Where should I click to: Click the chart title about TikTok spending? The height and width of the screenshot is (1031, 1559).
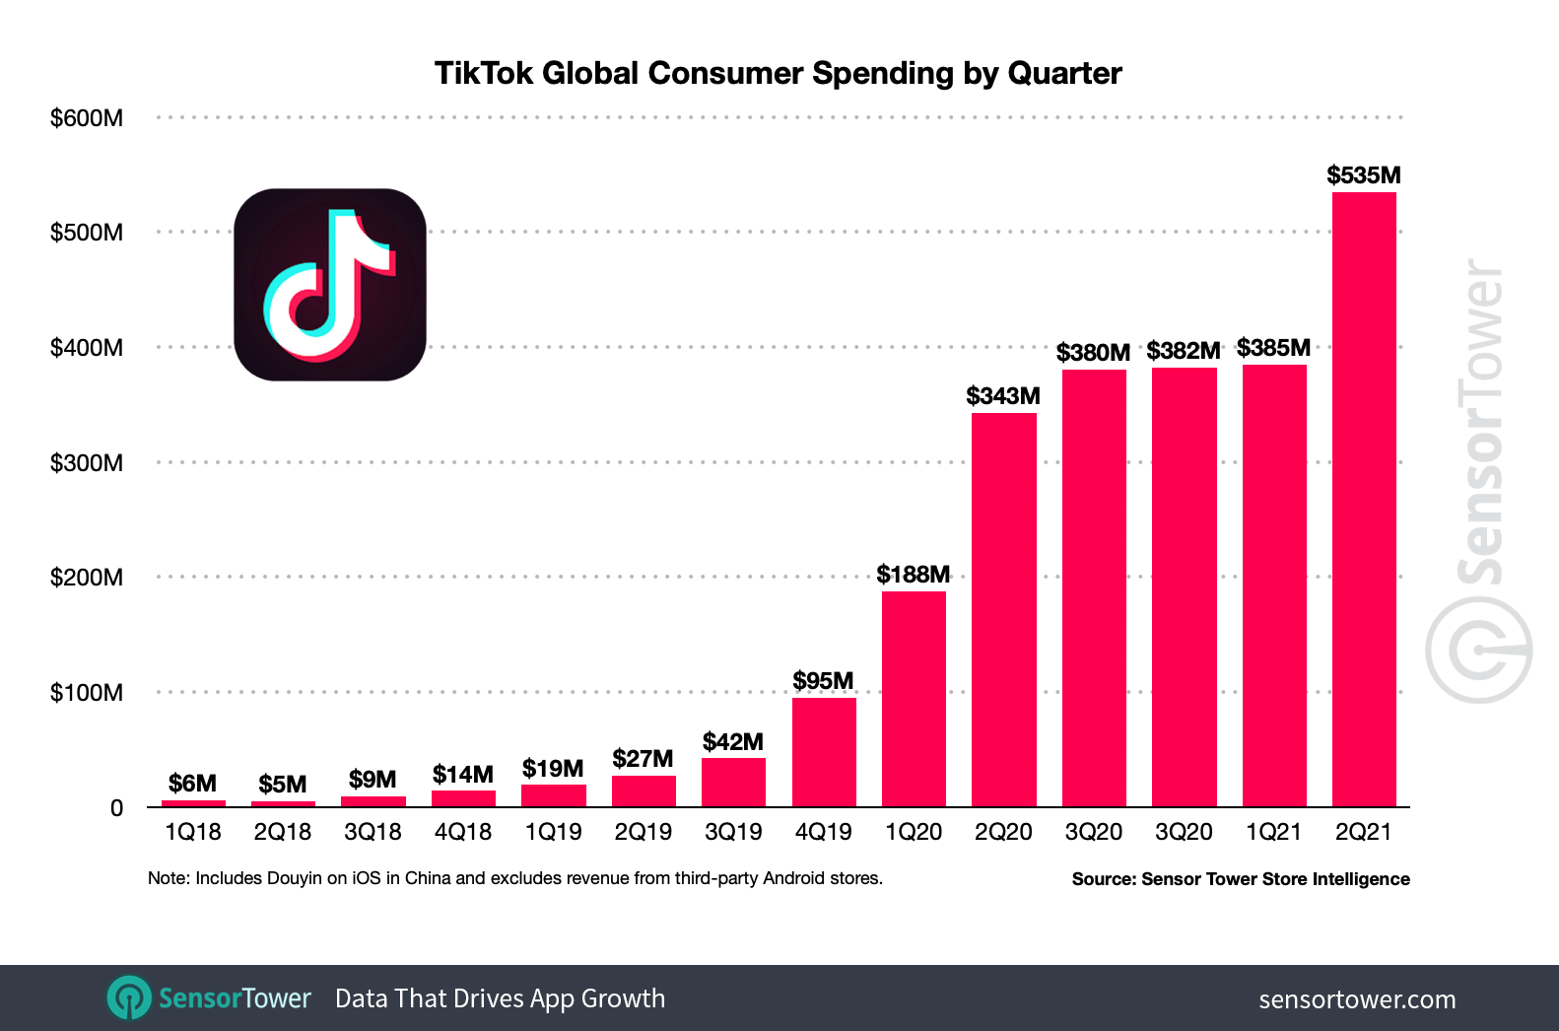coord(778,74)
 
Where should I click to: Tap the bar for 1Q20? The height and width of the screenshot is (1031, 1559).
coord(914,699)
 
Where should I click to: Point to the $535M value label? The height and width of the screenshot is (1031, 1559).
coord(1363,175)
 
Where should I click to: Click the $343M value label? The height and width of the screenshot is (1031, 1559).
coord(1002,396)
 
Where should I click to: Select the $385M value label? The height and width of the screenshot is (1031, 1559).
coord(1273,348)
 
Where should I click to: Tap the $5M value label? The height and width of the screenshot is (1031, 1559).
coord(283,785)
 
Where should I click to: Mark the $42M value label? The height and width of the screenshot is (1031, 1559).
coord(733,742)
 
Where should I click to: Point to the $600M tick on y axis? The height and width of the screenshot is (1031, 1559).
coord(87,118)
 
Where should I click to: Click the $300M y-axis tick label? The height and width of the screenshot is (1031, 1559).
coord(87,463)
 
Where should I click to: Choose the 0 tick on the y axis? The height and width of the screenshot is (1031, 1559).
coord(116,808)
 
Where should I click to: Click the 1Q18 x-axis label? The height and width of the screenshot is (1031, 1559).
coord(193,833)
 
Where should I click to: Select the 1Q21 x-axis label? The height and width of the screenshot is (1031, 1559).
coord(1273,833)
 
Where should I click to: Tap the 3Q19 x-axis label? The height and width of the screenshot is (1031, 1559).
coord(733,833)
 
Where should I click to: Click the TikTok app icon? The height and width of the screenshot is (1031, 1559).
coord(330,285)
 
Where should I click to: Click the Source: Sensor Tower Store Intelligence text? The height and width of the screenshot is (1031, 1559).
coord(1241,879)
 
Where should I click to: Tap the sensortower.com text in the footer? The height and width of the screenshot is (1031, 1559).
coord(1357,999)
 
